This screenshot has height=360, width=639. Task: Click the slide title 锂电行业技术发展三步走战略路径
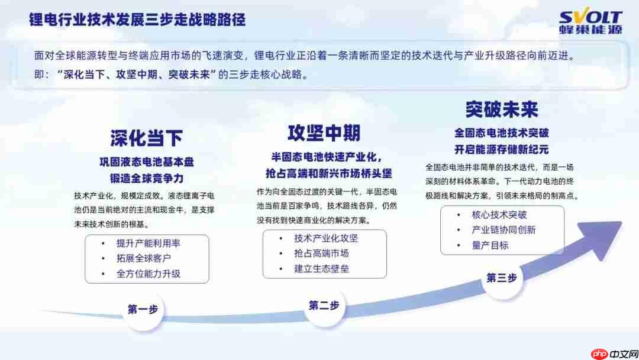138,20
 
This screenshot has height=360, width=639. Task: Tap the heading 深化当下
146,138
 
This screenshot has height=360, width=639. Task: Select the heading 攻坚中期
324,133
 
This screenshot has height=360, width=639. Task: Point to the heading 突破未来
501,110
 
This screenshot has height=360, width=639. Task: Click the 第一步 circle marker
143,309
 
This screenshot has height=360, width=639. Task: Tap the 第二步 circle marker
324,306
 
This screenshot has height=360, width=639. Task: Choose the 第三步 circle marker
501,278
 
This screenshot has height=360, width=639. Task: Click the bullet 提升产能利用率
148,243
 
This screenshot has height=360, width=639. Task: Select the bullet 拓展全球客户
144,259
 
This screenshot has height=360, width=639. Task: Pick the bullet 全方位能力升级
149,274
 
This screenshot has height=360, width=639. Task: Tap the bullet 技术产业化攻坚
326,239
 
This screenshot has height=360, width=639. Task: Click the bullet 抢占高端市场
321,253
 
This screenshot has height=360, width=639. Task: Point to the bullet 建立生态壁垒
321,269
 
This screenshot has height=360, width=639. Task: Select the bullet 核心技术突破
499,215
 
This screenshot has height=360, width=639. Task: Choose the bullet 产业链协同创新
504,230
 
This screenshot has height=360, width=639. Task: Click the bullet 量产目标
490,245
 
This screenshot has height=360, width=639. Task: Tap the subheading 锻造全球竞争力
146,178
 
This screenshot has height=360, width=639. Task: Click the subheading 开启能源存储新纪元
501,149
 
